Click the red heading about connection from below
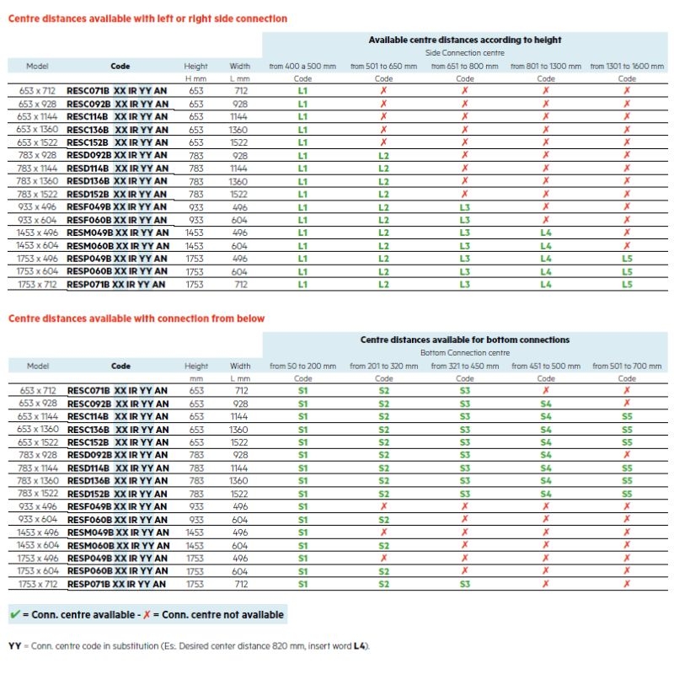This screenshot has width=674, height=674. pyautogui.click(x=136, y=318)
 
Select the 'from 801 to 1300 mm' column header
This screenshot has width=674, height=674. pyautogui.click(x=546, y=67)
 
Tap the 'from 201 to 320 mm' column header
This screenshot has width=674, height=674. pyautogui.click(x=384, y=366)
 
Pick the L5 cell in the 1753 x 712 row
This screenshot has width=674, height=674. pyautogui.click(x=627, y=284)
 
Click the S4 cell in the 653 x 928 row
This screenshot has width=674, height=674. pyautogui.click(x=546, y=404)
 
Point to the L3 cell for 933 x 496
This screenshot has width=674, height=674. pyautogui.click(x=465, y=207)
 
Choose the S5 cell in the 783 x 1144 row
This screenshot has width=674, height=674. pyautogui.click(x=627, y=468)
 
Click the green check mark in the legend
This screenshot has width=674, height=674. pyautogui.click(x=15, y=614)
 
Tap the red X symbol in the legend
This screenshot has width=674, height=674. pyautogui.click(x=147, y=615)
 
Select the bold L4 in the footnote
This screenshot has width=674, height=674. pyautogui.click(x=359, y=646)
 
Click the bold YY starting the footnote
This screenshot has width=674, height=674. pyautogui.click(x=14, y=646)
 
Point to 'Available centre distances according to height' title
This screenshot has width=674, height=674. pyautogui.click(x=465, y=40)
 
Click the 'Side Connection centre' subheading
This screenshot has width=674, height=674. pyautogui.click(x=465, y=53)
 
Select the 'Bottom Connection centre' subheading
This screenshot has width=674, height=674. pyautogui.click(x=465, y=353)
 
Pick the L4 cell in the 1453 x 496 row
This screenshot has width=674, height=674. pyautogui.click(x=546, y=233)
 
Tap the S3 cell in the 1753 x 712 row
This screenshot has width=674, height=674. pyautogui.click(x=465, y=584)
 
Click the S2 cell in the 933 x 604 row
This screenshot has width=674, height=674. pyautogui.click(x=384, y=520)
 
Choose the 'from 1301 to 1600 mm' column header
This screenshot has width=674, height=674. pyautogui.click(x=627, y=67)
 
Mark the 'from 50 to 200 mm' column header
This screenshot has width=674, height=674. pyautogui.click(x=302, y=366)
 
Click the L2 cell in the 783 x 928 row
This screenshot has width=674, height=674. pyautogui.click(x=384, y=156)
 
